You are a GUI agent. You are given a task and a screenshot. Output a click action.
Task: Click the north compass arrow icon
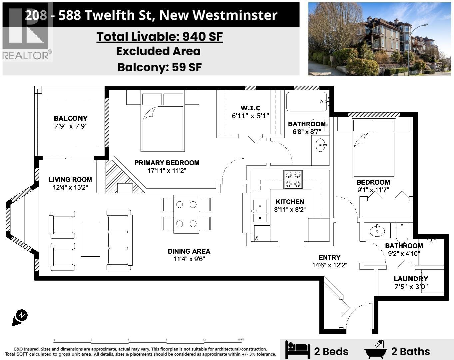[x=20, y=317]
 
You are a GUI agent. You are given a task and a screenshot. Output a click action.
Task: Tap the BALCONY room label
[x=71, y=118]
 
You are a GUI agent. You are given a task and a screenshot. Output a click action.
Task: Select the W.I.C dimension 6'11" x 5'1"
[x=250, y=116]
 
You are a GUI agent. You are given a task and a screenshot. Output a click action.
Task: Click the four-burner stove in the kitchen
[x=293, y=179]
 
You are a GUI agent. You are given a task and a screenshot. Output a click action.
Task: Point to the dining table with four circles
[x=186, y=214]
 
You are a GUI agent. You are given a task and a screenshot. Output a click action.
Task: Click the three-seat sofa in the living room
[x=119, y=240]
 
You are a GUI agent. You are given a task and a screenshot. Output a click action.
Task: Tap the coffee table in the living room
[x=91, y=240]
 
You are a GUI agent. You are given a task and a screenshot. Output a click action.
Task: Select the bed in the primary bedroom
[x=163, y=121]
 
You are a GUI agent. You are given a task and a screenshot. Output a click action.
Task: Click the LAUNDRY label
[x=411, y=279]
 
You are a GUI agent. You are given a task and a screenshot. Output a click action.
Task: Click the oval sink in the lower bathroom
[x=377, y=231]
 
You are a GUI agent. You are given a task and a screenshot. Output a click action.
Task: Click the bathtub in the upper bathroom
[x=306, y=102]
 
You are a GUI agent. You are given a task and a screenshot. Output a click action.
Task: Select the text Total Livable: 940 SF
[x=160, y=36]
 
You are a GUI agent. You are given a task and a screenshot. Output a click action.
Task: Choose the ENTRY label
[x=329, y=257]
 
